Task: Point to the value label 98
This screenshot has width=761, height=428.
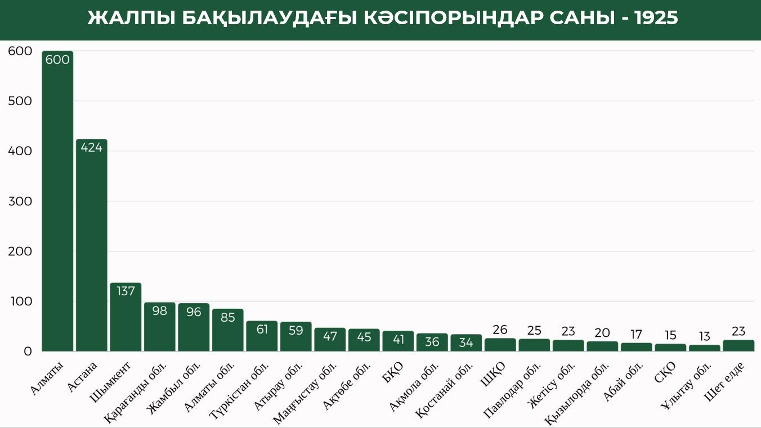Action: tap(159, 310)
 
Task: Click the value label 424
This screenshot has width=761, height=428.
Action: tap(91, 147)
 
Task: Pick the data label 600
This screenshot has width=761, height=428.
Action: tap(57, 59)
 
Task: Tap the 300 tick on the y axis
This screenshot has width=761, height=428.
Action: tap(20, 201)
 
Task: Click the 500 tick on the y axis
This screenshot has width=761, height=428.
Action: tap(20, 101)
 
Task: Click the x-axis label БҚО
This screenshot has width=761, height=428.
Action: tap(392, 372)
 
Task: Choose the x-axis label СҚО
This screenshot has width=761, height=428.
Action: tap(664, 373)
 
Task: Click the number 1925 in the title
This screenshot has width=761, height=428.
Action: tap(656, 19)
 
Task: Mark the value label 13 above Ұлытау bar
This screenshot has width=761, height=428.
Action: tap(704, 337)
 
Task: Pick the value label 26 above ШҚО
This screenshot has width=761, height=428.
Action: tap(500, 330)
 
